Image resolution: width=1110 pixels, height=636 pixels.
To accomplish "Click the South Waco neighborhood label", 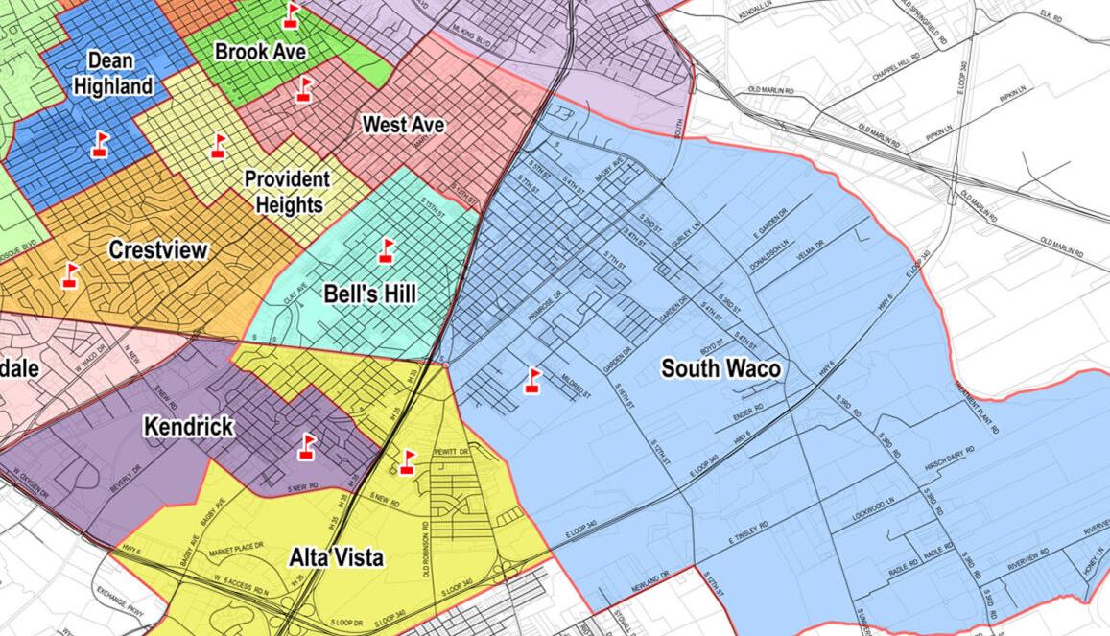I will (x=720, y=368).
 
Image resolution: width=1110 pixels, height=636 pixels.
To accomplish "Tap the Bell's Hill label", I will (x=369, y=294).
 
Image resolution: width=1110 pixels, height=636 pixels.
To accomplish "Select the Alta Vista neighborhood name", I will (x=336, y=557).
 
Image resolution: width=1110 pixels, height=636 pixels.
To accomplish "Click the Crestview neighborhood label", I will (x=158, y=251).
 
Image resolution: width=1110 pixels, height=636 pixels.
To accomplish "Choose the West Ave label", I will (x=404, y=125).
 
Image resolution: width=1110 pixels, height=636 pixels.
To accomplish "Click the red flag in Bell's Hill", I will (x=386, y=250).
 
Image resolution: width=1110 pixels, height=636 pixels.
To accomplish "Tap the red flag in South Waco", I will (x=532, y=381).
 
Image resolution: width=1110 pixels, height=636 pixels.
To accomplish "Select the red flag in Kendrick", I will (x=306, y=446).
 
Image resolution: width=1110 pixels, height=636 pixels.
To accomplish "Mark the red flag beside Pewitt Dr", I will (x=408, y=461).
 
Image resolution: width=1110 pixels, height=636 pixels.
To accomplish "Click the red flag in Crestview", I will (x=69, y=274).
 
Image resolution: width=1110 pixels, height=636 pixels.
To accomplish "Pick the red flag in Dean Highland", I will (x=100, y=145).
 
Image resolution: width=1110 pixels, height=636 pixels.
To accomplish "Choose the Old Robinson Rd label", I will (x=421, y=551).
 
